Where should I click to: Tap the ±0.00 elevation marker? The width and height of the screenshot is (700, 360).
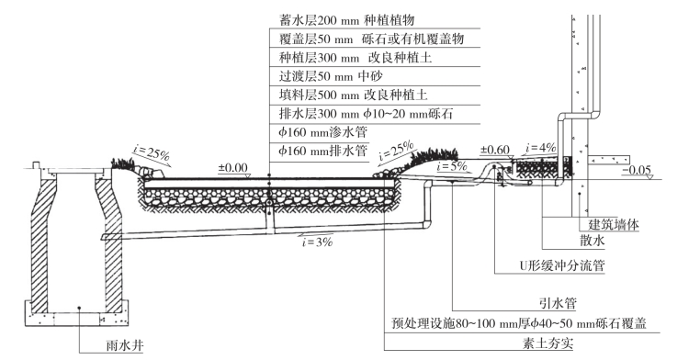[232, 168]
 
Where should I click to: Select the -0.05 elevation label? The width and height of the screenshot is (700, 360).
[636, 170]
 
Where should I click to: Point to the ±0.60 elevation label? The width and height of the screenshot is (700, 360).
[495, 150]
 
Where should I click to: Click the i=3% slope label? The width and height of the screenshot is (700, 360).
[317, 242]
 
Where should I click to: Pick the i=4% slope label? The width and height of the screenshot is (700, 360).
[541, 148]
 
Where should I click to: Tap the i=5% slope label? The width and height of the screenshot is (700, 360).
[452, 166]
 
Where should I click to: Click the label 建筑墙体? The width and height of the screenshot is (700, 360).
[614, 223]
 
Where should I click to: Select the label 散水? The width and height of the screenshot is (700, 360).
[593, 241]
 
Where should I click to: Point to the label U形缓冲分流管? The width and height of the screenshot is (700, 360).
[561, 265]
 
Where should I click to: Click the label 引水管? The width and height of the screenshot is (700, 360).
[558, 303]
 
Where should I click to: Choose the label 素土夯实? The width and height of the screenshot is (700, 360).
[548, 343]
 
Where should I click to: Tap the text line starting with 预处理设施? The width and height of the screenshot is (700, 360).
[519, 323]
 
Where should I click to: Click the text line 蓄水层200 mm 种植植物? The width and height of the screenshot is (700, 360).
[347, 20]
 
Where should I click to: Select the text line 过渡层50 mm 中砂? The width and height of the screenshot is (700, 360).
[331, 76]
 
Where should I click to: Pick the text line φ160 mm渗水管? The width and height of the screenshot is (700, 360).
[323, 132]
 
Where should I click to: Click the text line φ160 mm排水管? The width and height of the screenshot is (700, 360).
[323, 152]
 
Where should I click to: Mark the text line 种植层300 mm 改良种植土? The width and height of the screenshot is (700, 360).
[356, 58]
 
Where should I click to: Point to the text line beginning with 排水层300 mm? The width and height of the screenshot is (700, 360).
[366, 114]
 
